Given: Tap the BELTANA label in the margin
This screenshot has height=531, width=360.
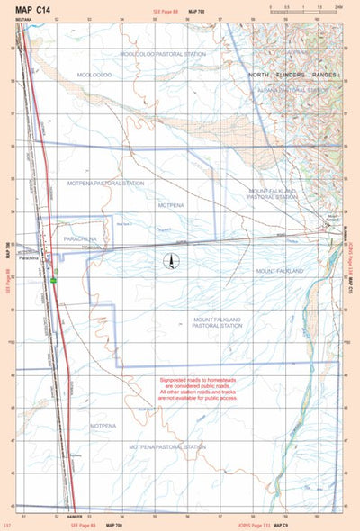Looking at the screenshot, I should tap(24, 19).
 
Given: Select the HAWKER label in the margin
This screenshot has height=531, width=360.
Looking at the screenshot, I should tap(74, 517).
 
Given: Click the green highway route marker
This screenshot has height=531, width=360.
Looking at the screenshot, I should tap(53, 281).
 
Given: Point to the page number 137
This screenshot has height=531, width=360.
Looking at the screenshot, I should tap(8, 524).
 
